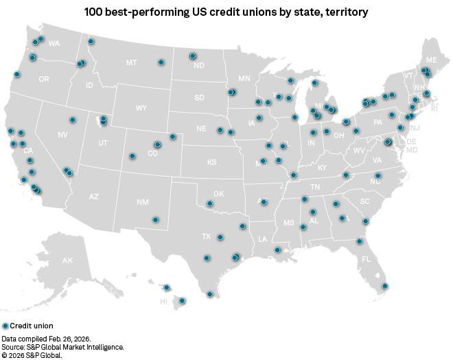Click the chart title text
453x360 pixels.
226,12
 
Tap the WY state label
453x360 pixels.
141,109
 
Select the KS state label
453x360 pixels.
212,162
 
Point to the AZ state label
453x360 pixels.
94,196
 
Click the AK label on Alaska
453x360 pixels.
67,261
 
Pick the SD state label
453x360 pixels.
199,98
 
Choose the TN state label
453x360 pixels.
315,187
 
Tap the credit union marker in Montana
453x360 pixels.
161,62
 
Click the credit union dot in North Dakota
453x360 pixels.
193,56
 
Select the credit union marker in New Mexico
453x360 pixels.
155,220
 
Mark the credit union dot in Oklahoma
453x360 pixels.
209,203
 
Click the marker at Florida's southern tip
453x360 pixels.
385,286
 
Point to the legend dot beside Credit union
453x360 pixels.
5,326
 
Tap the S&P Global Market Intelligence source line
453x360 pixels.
62,348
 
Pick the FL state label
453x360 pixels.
366,260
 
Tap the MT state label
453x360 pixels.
131,63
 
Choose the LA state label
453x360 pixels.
262,239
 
